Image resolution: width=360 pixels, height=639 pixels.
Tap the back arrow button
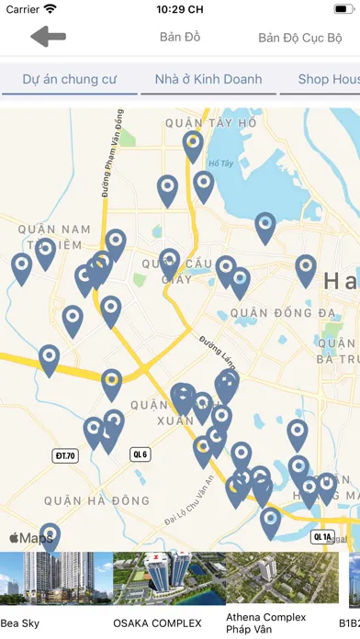(48, 38)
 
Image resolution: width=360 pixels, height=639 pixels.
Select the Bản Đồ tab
(180, 38)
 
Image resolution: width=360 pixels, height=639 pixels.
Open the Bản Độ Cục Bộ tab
(299, 39)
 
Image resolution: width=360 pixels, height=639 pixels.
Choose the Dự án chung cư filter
(70, 79)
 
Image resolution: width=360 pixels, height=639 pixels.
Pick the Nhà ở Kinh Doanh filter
(208, 79)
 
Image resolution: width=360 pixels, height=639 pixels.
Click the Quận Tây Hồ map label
(210, 122)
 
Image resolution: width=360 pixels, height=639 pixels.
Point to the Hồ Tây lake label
(220, 164)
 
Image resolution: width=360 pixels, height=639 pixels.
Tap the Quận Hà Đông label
(96, 500)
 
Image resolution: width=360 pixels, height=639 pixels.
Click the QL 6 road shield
(141, 454)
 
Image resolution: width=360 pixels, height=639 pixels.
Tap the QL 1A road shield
(322, 537)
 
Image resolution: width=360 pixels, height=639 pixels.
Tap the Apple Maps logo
(31, 538)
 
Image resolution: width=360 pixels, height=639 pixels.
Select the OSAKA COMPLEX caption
(157, 623)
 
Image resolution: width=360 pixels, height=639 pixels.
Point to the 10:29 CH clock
(180, 9)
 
